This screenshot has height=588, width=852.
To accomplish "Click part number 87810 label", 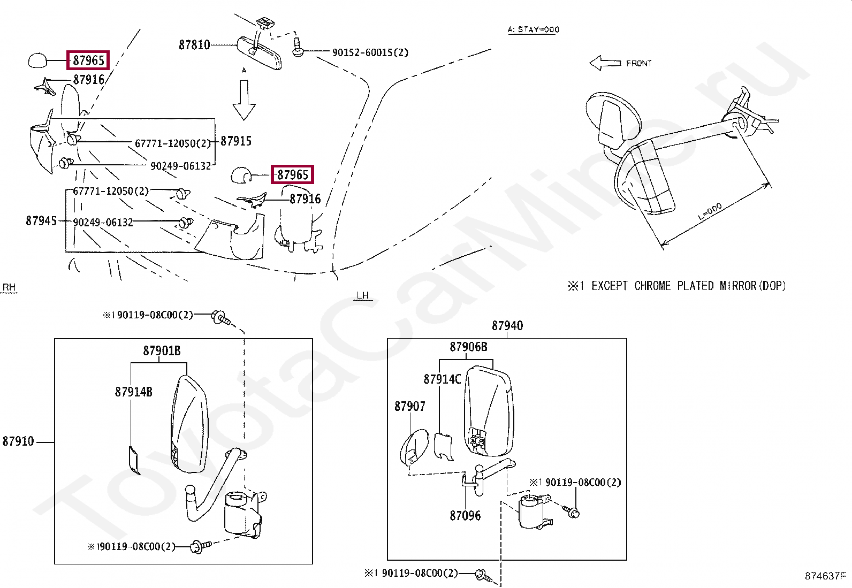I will point(194,45).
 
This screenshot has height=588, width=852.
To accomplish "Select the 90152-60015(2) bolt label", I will point(370,52).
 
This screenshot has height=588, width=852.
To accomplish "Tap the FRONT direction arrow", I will point(605,63).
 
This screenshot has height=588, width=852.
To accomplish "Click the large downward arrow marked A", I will point(244,101).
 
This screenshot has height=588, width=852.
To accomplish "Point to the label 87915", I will point(236,141).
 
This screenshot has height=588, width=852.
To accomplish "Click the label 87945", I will point(41,220).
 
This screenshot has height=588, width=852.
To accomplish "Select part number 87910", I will point(18,441).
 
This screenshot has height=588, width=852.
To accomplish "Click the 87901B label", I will point(162,351).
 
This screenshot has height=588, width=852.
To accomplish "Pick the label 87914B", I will point(133,392).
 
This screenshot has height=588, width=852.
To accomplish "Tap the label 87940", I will point(507,325).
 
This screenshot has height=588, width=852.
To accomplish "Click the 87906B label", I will point(468,347).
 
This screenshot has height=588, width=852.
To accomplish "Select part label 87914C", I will point(442,379).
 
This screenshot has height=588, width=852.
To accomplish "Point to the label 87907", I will point(410,407).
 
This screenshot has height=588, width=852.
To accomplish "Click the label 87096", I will point(465,516).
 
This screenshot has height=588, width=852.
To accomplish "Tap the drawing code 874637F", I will point(825,576).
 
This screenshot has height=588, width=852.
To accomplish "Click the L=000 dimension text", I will point(710,212).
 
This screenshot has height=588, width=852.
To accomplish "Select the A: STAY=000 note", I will point(533,29).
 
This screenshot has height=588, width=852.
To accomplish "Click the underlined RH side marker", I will point(9,287).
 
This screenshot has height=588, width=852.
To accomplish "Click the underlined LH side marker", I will point(362,295).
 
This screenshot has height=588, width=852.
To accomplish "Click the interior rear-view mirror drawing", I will point(260,52).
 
